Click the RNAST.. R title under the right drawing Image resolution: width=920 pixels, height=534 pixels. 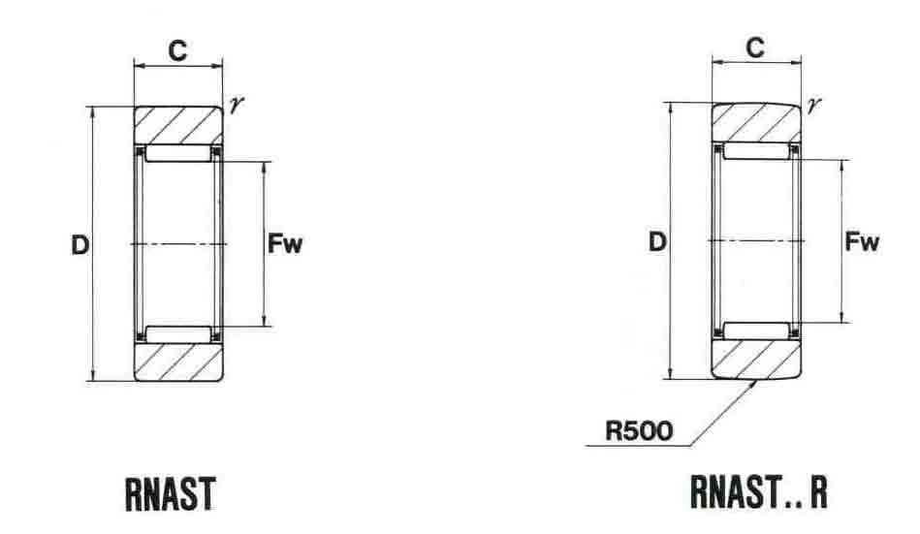pyautogui.click(x=759, y=491)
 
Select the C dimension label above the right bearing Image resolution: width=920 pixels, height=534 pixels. pyautogui.click(x=755, y=47)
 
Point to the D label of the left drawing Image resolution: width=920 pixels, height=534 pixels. pyautogui.click(x=79, y=244)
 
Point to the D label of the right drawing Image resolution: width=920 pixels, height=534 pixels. pyautogui.click(x=658, y=241)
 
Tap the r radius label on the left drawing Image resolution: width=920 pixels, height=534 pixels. pyautogui.click(x=236, y=104)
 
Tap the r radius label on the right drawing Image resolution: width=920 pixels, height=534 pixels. pyautogui.click(x=812, y=100)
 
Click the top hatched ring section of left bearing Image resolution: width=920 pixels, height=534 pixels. pyautogui.click(x=177, y=125)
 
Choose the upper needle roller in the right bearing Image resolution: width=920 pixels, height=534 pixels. pyautogui.click(x=756, y=152)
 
